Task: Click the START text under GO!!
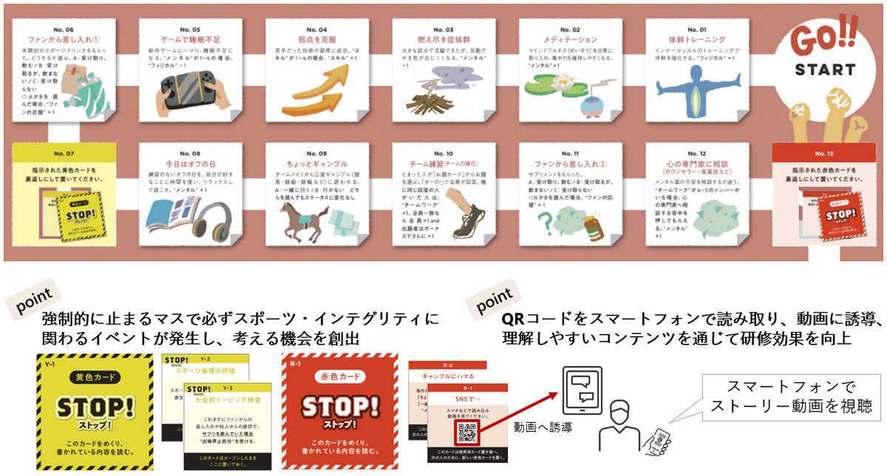[x=825, y=70]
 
